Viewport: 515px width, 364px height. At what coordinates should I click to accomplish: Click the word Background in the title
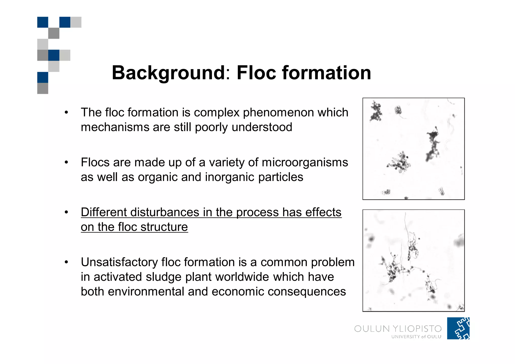click(x=168, y=73)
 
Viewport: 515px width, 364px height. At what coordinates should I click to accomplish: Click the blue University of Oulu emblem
click(x=458, y=328)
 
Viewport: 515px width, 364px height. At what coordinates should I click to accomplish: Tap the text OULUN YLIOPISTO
click(x=398, y=329)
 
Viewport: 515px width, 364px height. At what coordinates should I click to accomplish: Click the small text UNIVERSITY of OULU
click(x=416, y=337)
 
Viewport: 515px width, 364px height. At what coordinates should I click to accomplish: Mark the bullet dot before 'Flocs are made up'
click(x=66, y=162)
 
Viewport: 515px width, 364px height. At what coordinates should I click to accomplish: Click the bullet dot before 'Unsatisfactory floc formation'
click(x=66, y=262)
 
